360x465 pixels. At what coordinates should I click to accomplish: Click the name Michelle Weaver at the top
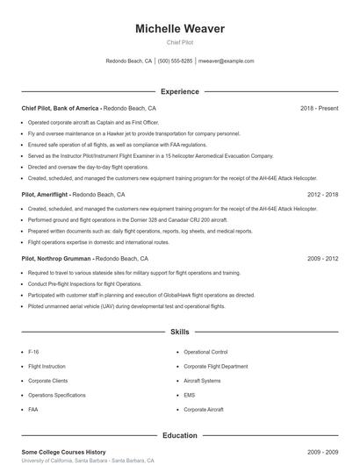coord(180,29)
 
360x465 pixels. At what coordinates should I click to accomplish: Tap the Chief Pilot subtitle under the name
coord(180,42)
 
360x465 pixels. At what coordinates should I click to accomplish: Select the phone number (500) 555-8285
coord(175,61)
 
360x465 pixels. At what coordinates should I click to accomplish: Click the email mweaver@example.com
coord(226,61)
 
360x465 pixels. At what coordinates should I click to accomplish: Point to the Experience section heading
coord(180,91)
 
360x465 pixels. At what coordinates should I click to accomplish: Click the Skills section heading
coord(180,333)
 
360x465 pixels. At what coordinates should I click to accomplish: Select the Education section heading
coord(180,435)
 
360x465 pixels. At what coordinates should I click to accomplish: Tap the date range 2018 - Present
coord(319,108)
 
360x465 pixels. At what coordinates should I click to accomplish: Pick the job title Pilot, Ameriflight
coord(46,194)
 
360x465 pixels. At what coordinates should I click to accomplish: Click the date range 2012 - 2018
coord(322,194)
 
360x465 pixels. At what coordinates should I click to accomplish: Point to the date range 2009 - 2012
coord(322,259)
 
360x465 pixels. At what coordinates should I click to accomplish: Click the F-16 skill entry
coord(33,351)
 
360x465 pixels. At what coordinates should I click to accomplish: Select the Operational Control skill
coord(205,351)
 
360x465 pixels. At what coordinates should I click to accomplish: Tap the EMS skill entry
coord(190,395)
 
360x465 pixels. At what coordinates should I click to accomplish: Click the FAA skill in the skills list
coord(33,409)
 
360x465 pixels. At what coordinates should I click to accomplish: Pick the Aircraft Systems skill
coord(203,380)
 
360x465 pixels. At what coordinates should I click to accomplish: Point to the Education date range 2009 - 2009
coord(322,452)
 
